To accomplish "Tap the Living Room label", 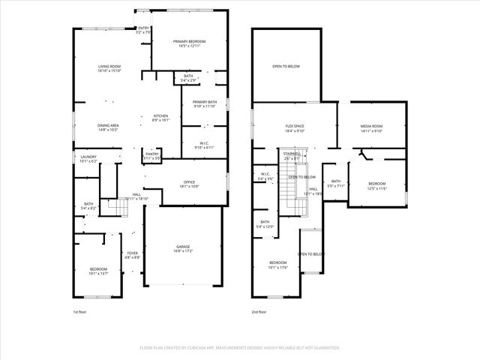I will (109, 67).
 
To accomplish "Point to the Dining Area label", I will (108, 125).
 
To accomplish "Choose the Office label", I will (189, 182).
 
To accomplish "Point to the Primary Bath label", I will (204, 102).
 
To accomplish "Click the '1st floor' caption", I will (80, 311).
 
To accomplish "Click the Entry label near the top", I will (144, 28).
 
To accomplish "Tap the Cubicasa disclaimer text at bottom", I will (240, 348).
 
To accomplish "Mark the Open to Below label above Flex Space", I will (286, 66).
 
